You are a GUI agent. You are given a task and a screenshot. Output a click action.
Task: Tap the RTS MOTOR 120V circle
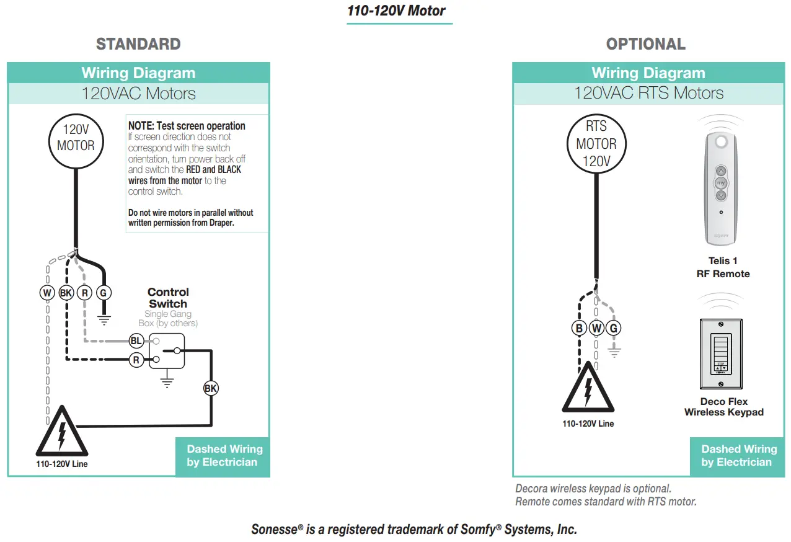click(x=596, y=144)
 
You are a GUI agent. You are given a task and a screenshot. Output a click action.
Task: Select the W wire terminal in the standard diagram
click(x=47, y=293)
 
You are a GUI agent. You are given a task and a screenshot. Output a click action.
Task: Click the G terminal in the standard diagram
click(x=104, y=293)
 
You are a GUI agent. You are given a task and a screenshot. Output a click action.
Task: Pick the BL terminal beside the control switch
click(x=136, y=340)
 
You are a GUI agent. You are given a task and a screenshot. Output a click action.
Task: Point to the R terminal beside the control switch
click(x=136, y=359)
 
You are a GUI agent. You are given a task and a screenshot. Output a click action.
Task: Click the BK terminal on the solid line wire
click(x=211, y=389)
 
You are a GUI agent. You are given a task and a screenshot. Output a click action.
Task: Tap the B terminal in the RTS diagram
click(x=580, y=327)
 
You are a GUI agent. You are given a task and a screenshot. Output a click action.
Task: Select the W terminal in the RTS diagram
click(x=596, y=327)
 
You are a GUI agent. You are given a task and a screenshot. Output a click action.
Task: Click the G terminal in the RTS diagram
click(x=614, y=327)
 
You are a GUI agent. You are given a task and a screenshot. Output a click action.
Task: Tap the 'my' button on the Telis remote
click(x=720, y=183)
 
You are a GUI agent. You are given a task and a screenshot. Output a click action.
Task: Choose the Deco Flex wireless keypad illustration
click(x=720, y=355)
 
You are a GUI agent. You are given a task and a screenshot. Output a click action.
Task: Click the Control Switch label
click(x=168, y=298)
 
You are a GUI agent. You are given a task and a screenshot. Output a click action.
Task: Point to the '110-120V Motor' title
click(x=397, y=11)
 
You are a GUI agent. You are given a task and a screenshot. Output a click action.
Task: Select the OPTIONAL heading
click(x=645, y=44)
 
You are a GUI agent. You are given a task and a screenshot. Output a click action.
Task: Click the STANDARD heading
click(x=138, y=44)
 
